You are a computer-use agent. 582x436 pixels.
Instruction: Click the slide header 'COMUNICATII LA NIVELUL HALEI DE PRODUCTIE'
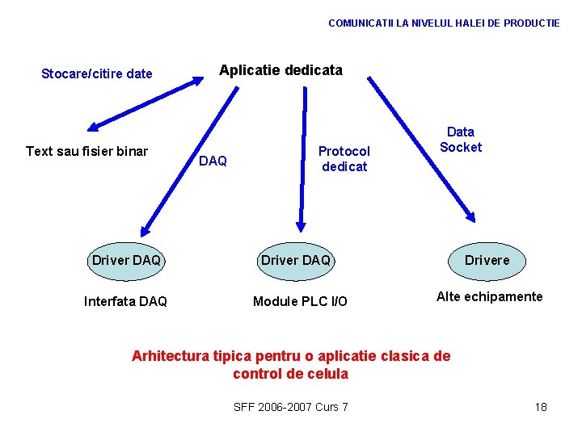click(x=444, y=23)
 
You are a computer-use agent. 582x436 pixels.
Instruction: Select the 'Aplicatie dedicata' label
click(x=280, y=70)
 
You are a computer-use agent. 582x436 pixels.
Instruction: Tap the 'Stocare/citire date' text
click(x=97, y=74)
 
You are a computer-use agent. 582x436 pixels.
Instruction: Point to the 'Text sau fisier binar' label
click(x=86, y=151)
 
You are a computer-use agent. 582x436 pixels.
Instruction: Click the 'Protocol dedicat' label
click(x=344, y=159)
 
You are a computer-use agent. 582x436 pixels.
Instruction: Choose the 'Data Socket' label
click(x=461, y=140)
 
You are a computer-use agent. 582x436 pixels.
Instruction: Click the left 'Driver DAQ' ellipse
click(x=126, y=261)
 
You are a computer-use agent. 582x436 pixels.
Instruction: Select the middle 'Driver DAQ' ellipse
click(x=296, y=261)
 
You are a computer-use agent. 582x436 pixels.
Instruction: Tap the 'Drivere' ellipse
click(x=487, y=261)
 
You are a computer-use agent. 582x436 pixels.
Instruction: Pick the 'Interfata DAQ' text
click(x=125, y=301)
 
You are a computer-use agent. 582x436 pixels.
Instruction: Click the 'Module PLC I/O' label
click(x=300, y=301)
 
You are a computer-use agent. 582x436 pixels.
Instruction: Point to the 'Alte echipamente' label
click(x=489, y=296)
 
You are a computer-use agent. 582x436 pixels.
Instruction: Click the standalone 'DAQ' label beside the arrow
click(x=213, y=161)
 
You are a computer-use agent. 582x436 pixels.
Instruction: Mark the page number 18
click(x=541, y=407)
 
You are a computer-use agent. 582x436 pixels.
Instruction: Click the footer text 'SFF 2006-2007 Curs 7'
click(x=290, y=407)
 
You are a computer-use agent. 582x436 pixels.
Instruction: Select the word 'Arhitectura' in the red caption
click(x=171, y=356)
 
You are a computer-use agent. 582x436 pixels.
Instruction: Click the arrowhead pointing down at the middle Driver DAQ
click(x=301, y=226)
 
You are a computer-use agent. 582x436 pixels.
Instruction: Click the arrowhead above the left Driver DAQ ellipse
click(x=144, y=228)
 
